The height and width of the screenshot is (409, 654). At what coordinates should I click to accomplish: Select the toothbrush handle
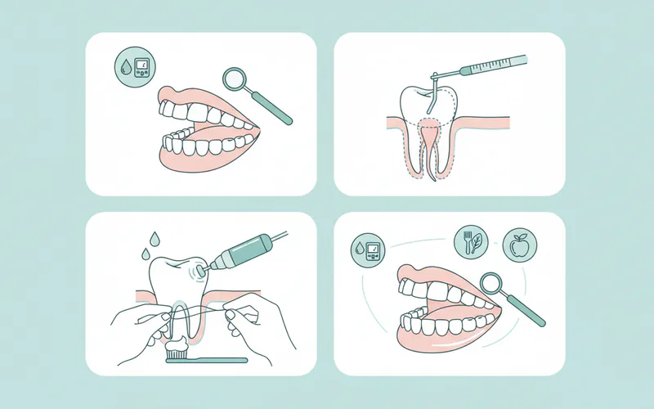[x=217, y=359]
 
